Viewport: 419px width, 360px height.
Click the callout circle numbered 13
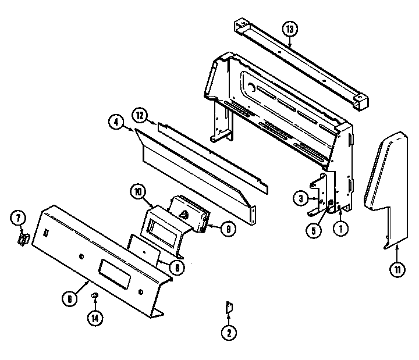pos(289,28)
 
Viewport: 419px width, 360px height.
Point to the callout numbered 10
pos(137,191)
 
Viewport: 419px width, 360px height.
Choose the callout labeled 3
pos(300,199)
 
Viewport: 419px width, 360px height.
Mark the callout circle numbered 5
pos(314,230)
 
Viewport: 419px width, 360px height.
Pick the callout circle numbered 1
pos(340,229)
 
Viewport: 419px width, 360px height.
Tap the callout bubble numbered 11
pos(397,269)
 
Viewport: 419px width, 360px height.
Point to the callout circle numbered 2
pos(228,333)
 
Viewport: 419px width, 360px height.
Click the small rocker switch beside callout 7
pos(24,239)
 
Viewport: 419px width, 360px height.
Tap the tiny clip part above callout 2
pos(229,308)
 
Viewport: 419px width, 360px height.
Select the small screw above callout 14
pos(94,297)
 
